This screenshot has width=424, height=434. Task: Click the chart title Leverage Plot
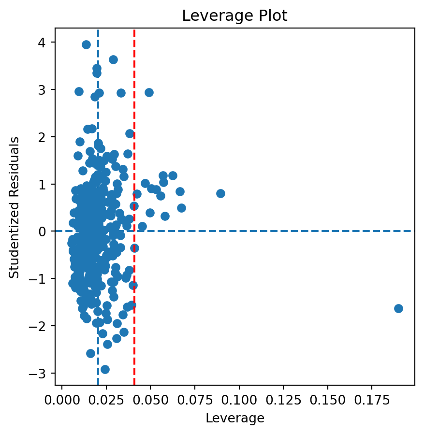tap(234, 16)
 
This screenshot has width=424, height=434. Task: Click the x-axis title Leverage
tap(234, 418)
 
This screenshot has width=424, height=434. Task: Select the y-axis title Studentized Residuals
tap(15, 207)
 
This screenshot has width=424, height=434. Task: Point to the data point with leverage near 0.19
tap(398, 308)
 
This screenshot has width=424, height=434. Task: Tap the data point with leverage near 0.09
tap(220, 193)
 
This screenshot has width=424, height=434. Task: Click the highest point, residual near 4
tap(86, 44)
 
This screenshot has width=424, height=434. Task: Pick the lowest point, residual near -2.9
tap(105, 369)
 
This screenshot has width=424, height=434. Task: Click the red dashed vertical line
tap(134, 145)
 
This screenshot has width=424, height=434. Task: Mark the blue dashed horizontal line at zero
tap(290, 231)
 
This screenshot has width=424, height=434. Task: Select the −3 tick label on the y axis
tap(43, 374)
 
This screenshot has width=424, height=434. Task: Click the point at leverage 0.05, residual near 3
tap(149, 92)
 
